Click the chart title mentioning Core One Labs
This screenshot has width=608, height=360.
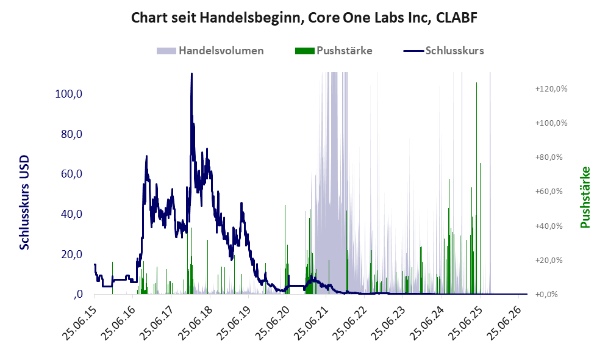304,18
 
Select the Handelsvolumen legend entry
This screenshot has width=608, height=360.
210,51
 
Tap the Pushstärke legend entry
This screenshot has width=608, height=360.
334,51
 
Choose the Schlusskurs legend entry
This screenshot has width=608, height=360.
443,51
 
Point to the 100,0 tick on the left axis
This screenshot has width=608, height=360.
69,94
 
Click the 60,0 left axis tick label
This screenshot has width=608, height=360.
71,174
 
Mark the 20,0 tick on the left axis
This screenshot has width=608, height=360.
71,254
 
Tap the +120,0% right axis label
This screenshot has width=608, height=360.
551,89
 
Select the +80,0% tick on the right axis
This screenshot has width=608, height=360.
549,157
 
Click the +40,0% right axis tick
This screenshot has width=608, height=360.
549,226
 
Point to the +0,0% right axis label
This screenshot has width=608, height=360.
546,295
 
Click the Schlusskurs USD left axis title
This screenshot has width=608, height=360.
24,202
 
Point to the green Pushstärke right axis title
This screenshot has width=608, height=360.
585,197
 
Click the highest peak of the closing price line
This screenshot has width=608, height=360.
191,74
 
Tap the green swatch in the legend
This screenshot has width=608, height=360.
304,51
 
